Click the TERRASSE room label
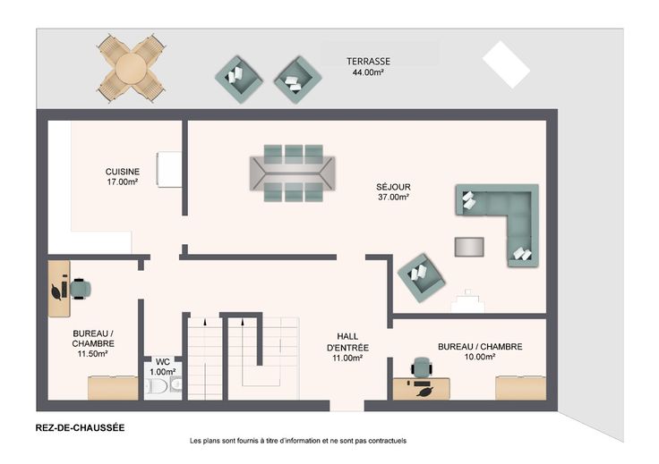click(368, 62)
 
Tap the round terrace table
click(131, 68)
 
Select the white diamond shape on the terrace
click(506, 64)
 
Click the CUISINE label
click(123, 172)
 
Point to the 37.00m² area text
click(393, 197)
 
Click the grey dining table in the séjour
click(293, 173)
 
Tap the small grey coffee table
click(469, 247)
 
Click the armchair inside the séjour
click(421, 277)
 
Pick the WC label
click(163, 362)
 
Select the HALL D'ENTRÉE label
click(347, 342)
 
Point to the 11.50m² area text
click(92, 354)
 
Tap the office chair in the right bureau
click(422, 367)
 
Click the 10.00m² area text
click(480, 357)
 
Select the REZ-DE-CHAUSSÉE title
click(80, 428)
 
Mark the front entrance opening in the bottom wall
click(347, 406)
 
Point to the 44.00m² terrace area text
click(368, 72)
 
